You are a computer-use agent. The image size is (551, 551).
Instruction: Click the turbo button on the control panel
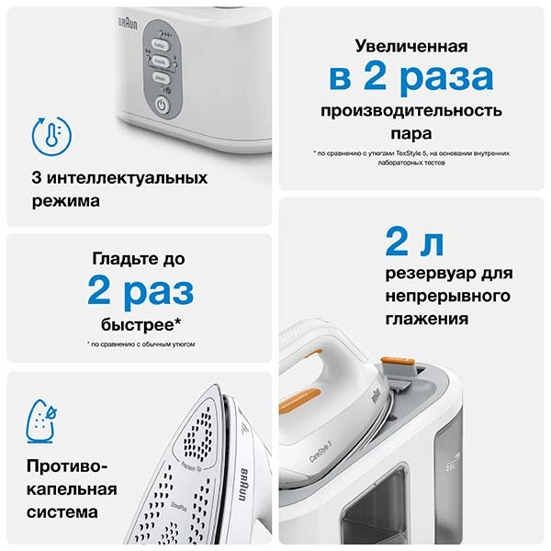tap(160, 43)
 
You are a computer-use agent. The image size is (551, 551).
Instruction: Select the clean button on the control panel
tap(160, 80)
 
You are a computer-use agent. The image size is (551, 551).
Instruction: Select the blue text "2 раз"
tap(141, 292)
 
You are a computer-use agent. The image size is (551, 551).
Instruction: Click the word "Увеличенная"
tap(412, 46)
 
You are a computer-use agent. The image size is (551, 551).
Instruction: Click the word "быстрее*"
tap(141, 324)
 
